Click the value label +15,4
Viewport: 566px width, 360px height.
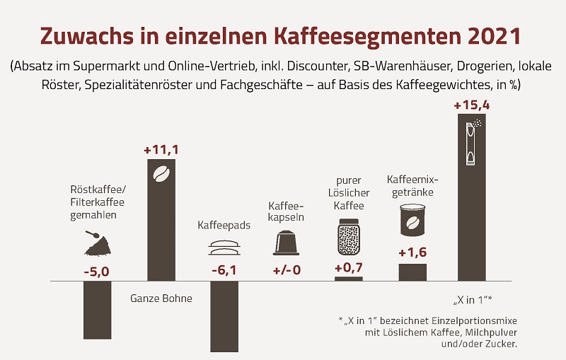click(x=470, y=106)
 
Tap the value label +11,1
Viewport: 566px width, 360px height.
click(x=161, y=150)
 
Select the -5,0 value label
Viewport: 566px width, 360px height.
click(x=97, y=270)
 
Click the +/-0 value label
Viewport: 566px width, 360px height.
click(x=287, y=270)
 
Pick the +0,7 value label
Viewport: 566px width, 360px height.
click(x=348, y=268)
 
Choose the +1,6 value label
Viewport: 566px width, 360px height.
click(x=412, y=253)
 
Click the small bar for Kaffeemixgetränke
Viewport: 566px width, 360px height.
click(x=412, y=272)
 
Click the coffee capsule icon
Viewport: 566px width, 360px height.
click(x=287, y=243)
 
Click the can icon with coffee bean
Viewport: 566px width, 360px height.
click(x=412, y=221)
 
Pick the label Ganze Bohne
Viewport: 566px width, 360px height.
click(x=161, y=298)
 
